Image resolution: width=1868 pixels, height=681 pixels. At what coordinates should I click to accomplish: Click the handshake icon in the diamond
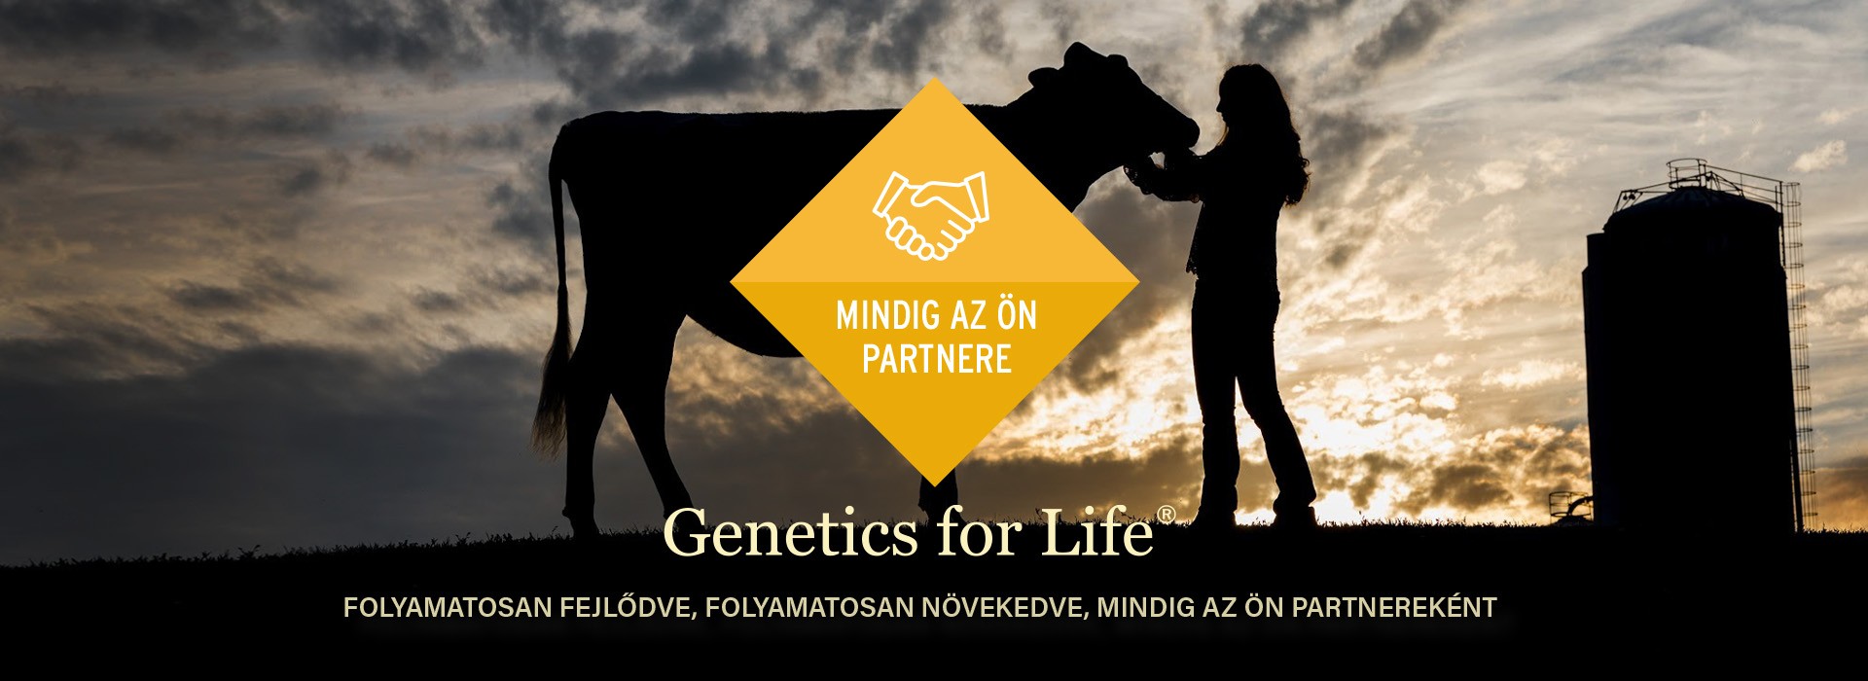[x=931, y=215]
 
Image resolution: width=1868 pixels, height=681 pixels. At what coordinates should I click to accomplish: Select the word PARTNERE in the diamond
[x=937, y=359]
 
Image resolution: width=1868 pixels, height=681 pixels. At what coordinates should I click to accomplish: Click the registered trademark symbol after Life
[x=1166, y=515]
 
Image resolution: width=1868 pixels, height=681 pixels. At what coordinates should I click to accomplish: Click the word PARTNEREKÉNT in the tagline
[x=1393, y=608]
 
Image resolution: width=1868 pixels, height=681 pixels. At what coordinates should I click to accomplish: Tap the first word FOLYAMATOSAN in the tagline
[x=448, y=608]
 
